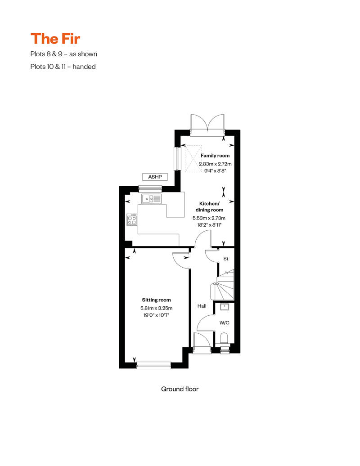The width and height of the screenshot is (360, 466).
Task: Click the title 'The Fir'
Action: [x=55, y=39]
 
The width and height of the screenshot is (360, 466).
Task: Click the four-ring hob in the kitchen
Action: [x=132, y=219]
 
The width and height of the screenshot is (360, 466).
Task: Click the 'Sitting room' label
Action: [x=156, y=300]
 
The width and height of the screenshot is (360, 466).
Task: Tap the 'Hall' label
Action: [x=202, y=306]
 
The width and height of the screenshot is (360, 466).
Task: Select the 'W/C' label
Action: [x=224, y=323]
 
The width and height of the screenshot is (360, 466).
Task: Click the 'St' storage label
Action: [x=226, y=259]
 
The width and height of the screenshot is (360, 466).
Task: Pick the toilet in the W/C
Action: [x=225, y=338]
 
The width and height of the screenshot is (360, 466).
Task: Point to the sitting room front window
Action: [x=153, y=365]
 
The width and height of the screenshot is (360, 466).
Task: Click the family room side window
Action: [x=177, y=159]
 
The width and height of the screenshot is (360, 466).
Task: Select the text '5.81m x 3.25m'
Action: [x=156, y=308]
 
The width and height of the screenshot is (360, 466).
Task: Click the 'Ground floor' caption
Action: [x=180, y=389]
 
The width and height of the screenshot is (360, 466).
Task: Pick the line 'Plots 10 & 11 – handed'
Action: [x=63, y=67]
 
